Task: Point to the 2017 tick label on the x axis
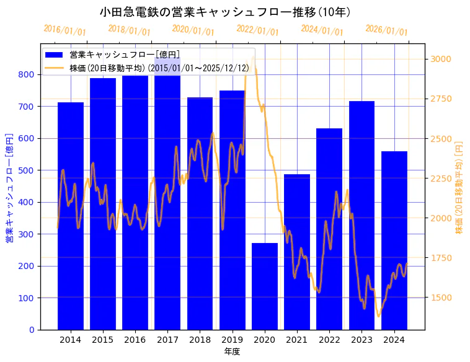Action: tap(167, 340)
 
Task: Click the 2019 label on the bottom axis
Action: tap(232, 340)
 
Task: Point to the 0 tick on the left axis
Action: tap(32, 330)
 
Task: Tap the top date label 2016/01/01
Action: tap(64, 30)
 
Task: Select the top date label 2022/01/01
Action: tap(257, 30)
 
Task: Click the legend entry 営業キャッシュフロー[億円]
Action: tap(125, 55)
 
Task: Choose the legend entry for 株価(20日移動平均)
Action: tap(159, 68)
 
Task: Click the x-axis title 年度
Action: tap(232, 351)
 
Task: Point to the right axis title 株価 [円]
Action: tap(459, 187)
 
